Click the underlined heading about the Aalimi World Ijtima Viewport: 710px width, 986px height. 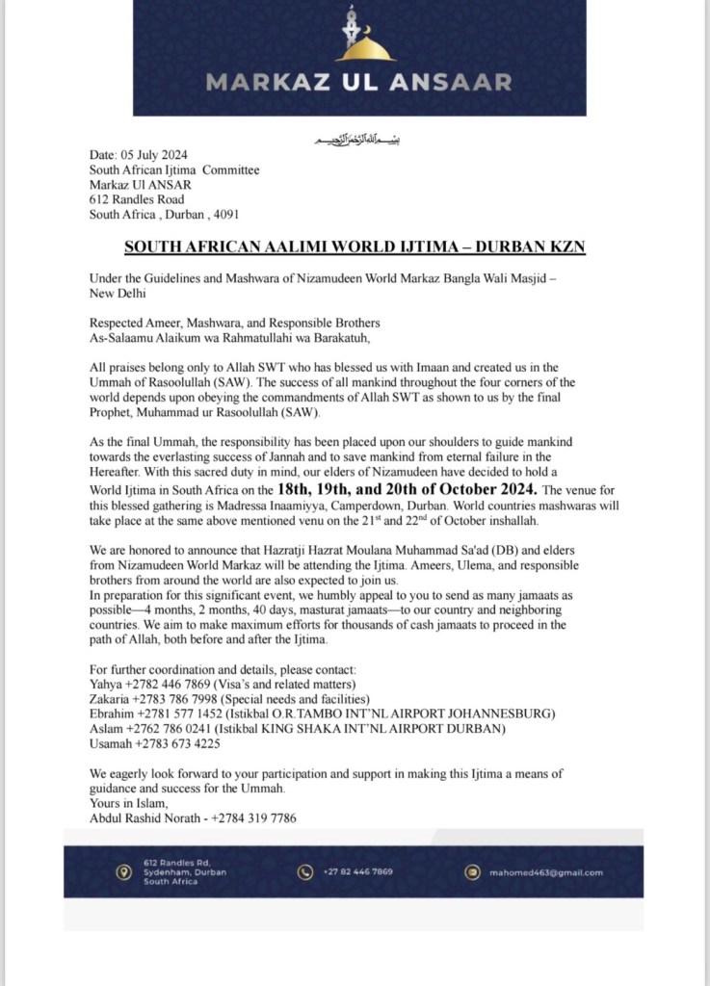[x=355, y=247]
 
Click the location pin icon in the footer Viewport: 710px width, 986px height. [x=121, y=871]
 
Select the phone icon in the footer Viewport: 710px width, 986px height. [x=305, y=871]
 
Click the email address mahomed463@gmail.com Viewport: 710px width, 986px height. [x=546, y=872]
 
